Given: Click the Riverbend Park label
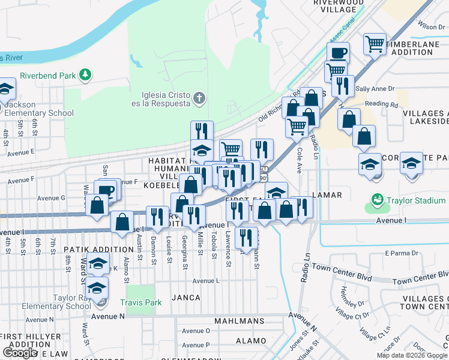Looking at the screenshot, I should tap(48, 76).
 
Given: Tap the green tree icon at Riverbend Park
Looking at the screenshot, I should tap(86, 74).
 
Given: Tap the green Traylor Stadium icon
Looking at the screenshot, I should tap(377, 199).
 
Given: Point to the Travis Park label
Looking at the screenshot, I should tap(140, 303).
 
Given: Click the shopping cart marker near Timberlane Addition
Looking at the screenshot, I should tap(375, 44).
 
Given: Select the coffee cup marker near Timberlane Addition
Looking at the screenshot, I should tap(338, 53).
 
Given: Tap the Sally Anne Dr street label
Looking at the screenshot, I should tap(375, 89).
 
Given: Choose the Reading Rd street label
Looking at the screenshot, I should tap(381, 104).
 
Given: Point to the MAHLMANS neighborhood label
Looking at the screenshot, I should tap(240, 322).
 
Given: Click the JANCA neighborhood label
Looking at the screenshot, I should tap(186, 297).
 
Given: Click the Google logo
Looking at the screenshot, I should tap(20, 353).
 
